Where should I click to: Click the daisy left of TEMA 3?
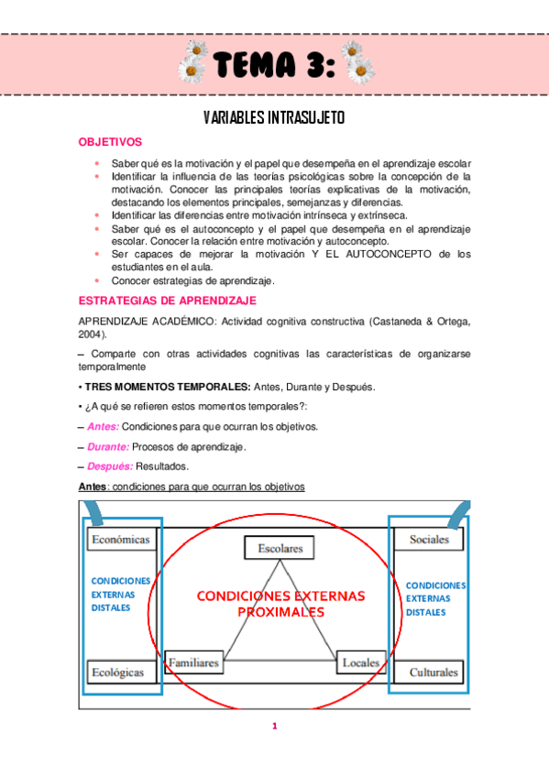pyautogui.click(x=192, y=65)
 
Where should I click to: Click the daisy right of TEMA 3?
pyautogui.click(x=359, y=65)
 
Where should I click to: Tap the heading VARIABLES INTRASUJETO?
pyautogui.click(x=274, y=119)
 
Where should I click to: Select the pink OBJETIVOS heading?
pyautogui.click(x=110, y=143)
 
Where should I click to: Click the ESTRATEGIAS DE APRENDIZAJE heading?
pyautogui.click(x=168, y=300)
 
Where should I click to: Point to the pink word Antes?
pyautogui.click(x=103, y=426)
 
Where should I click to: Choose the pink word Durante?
pyautogui.click(x=107, y=446)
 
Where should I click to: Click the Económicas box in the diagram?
pyautogui.click(x=120, y=540)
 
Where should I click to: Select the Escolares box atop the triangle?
pyautogui.click(x=280, y=548)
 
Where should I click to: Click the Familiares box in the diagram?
pyautogui.click(x=193, y=662)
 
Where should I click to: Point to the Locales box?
pyautogui.click(x=361, y=662)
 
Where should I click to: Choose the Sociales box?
pyautogui.click(x=429, y=540)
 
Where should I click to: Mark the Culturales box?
pyautogui.click(x=434, y=673)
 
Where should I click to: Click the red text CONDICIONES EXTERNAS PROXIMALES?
pyautogui.click(x=280, y=603)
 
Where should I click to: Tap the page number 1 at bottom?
pyautogui.click(x=274, y=727)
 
